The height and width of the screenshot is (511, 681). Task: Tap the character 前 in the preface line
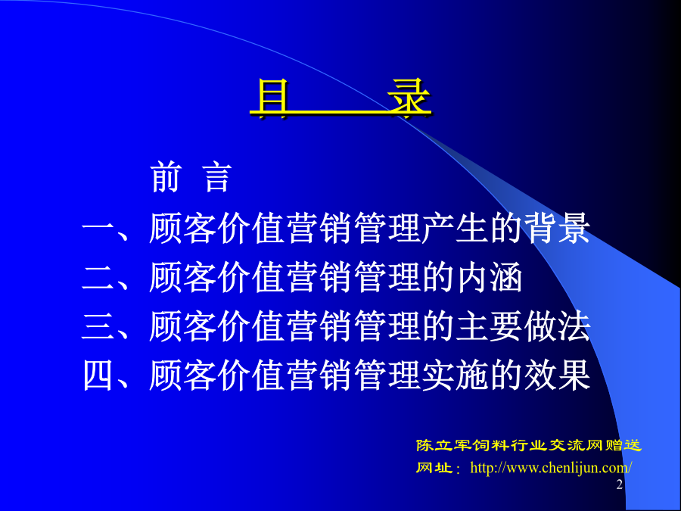[x=165, y=177]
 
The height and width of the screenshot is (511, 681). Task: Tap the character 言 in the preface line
[x=217, y=177]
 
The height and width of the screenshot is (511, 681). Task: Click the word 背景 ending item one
[x=557, y=229]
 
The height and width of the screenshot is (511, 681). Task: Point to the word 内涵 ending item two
[x=489, y=277]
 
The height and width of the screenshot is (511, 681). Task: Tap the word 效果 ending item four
[x=557, y=375]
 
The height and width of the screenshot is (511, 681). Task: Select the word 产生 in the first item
[x=456, y=229]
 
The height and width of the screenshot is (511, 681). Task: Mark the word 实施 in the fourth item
[x=456, y=375]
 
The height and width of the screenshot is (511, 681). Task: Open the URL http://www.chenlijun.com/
[x=551, y=468]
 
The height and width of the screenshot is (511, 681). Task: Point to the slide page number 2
[x=619, y=485]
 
